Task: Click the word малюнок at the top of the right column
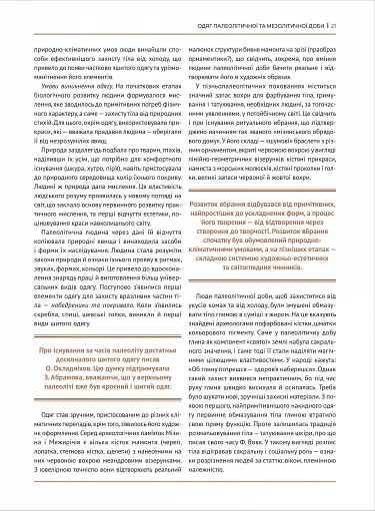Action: tap(210, 45)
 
